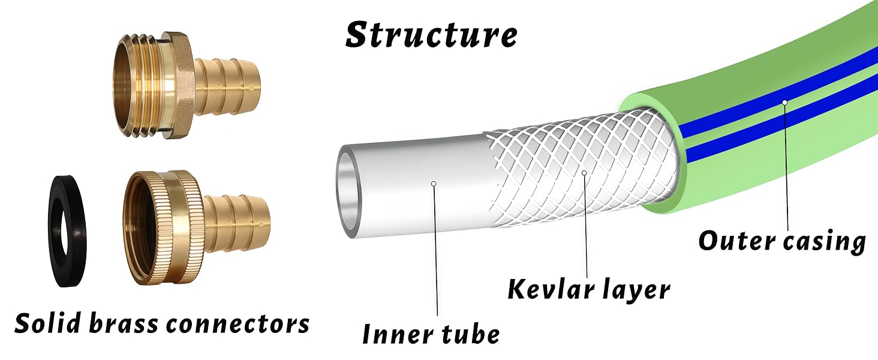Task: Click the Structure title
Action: tap(431, 35)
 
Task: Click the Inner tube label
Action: tap(431, 334)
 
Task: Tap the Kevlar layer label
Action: tap(589, 289)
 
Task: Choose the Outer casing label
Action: tap(782, 241)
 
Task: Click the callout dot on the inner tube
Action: tap(434, 184)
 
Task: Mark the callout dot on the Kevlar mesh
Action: tap(584, 173)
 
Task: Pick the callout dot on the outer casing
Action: tap(784, 103)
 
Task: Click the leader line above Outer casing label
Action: tap(786, 167)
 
